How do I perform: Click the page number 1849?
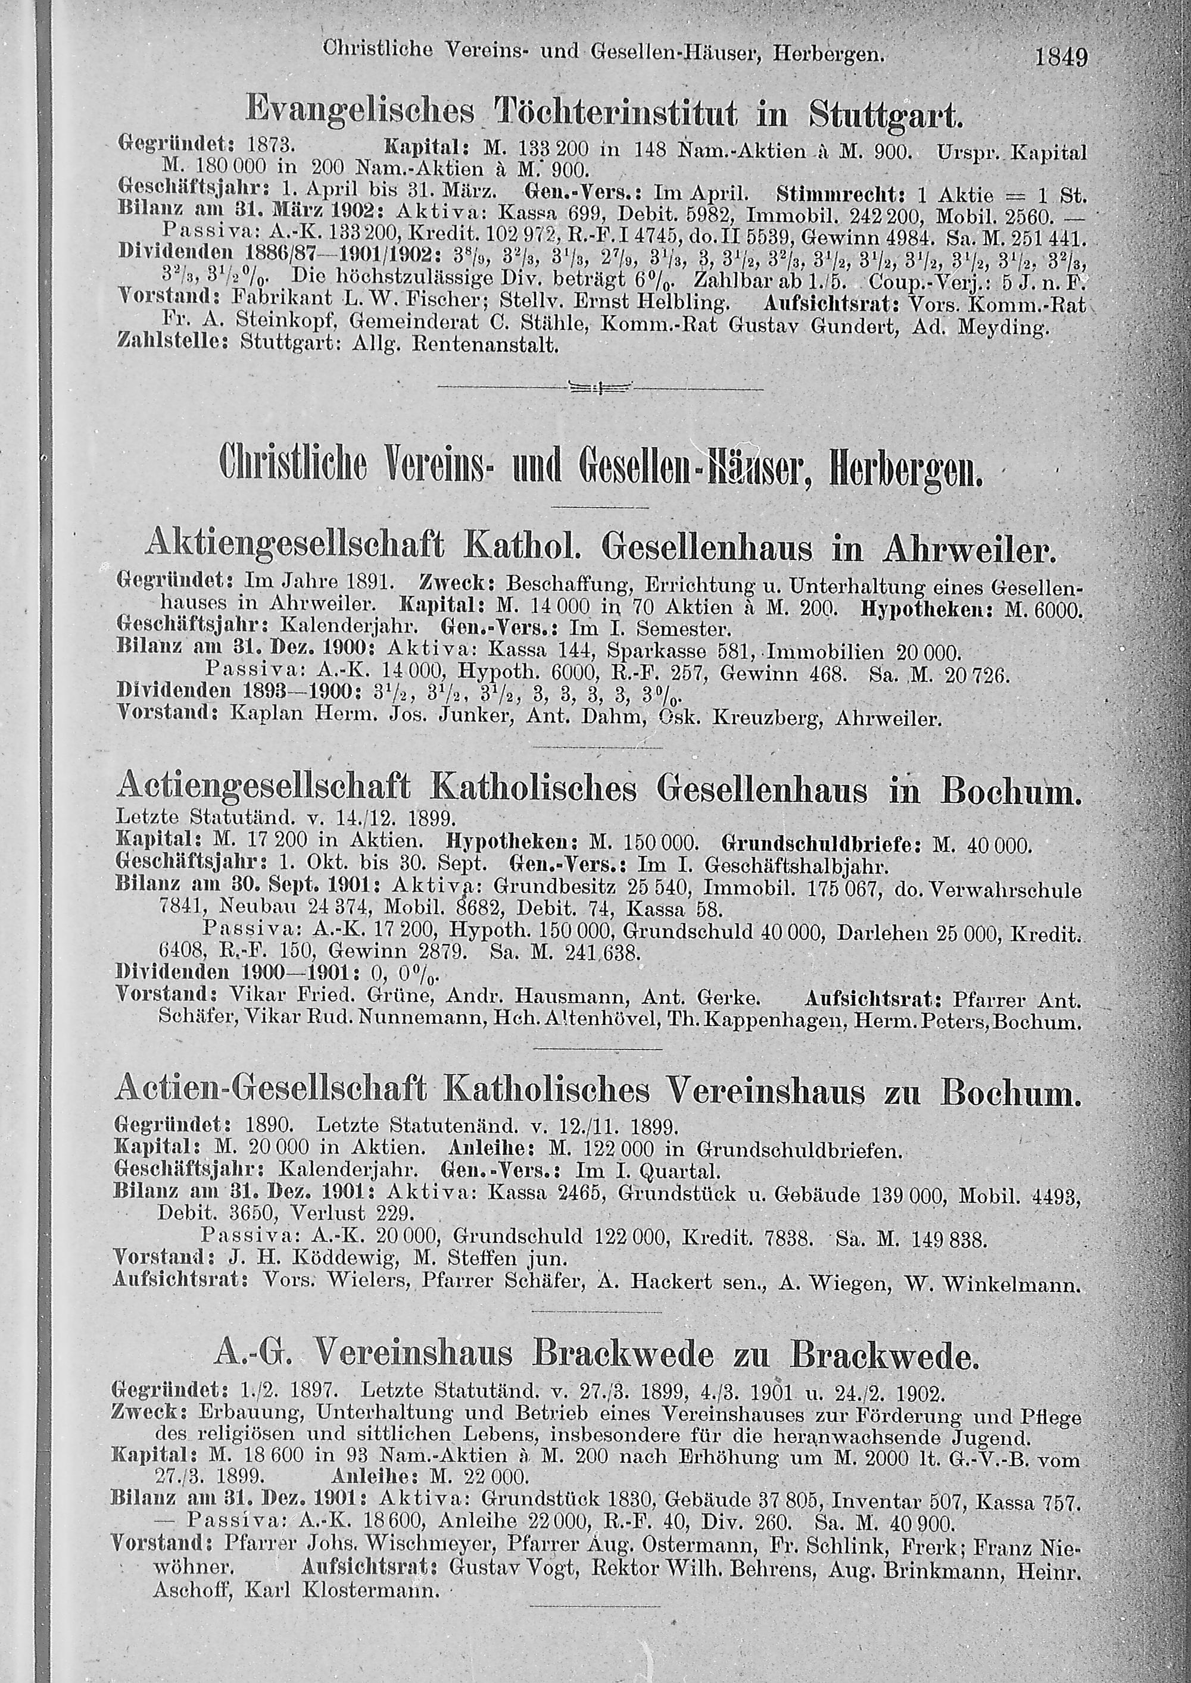coord(1060,57)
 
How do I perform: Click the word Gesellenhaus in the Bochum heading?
coord(763,792)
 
